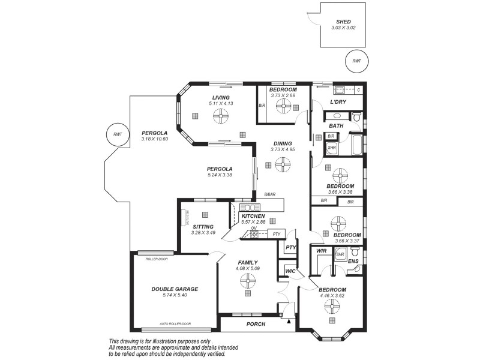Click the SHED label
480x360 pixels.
tap(343, 22)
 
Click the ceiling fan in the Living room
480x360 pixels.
tap(220, 117)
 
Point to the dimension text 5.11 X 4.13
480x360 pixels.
tap(220, 104)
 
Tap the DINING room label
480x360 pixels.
tap(283, 143)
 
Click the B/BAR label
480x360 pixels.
tap(269, 194)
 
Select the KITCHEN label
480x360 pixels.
tap(253, 215)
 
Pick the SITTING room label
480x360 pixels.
tap(203, 226)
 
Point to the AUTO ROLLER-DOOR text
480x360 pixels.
tap(175, 324)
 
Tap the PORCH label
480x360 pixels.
tap(256, 324)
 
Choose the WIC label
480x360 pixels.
tap(290, 271)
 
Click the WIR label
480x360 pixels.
tap(321, 251)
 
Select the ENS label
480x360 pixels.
tap(353, 262)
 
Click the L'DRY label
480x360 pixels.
tap(338, 102)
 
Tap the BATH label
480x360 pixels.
tap(336, 126)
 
